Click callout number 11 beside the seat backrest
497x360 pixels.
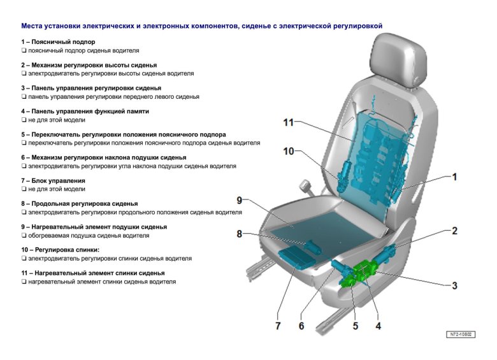click(x=288, y=123)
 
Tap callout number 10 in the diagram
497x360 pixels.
click(x=289, y=152)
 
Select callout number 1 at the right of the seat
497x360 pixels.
click(x=454, y=177)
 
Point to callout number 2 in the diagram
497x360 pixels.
click(x=454, y=231)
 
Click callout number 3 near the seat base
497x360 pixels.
click(x=454, y=286)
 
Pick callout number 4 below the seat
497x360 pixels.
click(x=378, y=326)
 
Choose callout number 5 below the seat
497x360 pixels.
click(x=355, y=326)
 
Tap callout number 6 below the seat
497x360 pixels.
click(x=301, y=326)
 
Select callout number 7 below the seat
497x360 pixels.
click(x=278, y=326)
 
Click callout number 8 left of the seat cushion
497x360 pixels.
click(x=240, y=234)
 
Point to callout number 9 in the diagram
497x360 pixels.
click(x=240, y=200)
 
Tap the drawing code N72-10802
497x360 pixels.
click(x=460, y=334)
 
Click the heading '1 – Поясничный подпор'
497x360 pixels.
click(x=58, y=41)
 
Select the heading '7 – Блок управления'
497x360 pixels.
click(x=53, y=180)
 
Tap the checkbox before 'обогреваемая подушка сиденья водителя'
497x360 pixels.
click(x=24, y=236)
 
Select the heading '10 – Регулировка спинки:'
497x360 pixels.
click(x=61, y=250)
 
